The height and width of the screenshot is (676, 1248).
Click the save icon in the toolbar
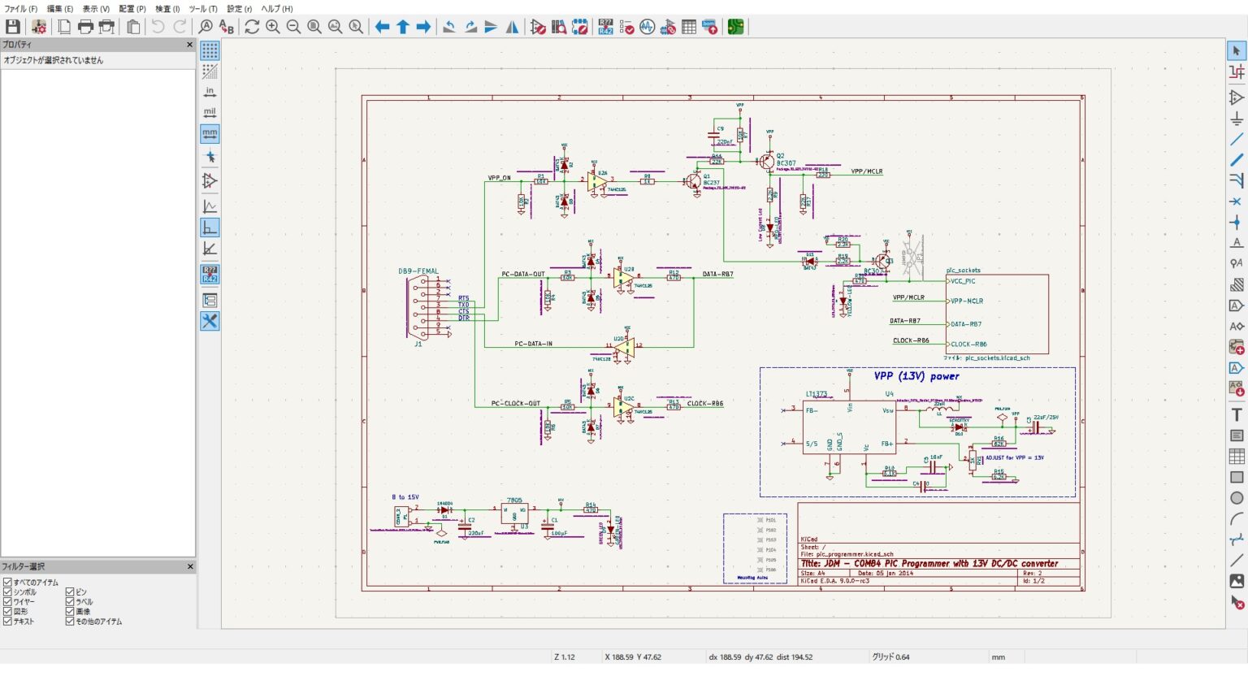[13, 27]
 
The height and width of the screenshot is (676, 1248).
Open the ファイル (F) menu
[21, 9]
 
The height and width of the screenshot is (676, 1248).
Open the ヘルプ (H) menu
[276, 9]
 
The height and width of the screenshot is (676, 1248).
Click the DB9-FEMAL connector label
[418, 271]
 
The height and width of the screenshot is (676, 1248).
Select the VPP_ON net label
[500, 178]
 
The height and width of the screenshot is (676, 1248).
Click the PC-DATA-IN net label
[533, 344]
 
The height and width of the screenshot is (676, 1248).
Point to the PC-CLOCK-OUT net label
[515, 404]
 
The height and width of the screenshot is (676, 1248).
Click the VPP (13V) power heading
[916, 376]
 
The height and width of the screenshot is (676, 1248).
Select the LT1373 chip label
[816, 394]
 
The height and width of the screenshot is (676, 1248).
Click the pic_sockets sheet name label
[963, 271]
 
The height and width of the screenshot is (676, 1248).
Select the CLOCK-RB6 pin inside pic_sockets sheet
[968, 344]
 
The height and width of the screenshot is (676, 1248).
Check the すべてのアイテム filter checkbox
[7, 583]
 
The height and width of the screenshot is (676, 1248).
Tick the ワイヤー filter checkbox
[7, 602]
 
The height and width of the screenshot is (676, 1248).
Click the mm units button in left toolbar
[210, 133]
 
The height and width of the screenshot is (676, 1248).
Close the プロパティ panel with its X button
[190, 45]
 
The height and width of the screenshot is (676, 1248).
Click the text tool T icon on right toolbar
[1237, 414]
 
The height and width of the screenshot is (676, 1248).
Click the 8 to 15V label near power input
[405, 497]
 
